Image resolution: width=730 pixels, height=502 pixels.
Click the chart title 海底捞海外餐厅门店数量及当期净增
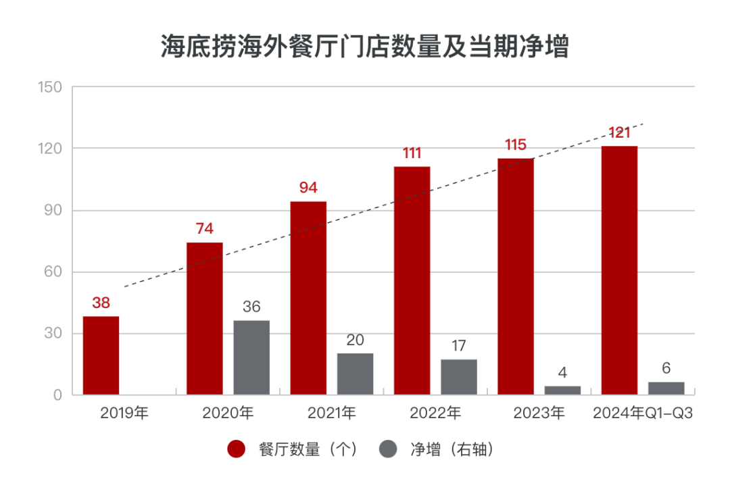click(364, 47)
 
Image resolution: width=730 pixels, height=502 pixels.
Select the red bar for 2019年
click(101, 355)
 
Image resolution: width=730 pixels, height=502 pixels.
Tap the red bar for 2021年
click(308, 298)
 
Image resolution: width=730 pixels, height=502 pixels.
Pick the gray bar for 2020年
click(251, 357)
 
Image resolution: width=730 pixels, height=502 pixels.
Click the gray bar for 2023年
click(562, 391)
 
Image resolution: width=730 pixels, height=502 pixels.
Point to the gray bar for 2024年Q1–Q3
click(666, 388)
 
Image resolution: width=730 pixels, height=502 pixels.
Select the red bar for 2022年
click(412, 280)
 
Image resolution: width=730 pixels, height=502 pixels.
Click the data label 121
click(619, 132)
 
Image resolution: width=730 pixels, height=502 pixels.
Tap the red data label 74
click(204, 229)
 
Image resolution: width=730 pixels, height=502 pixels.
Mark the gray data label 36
click(251, 307)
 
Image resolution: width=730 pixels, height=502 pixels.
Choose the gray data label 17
click(459, 346)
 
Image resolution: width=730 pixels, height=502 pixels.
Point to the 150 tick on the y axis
click(51, 87)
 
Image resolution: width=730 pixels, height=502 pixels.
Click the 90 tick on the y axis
click(53, 211)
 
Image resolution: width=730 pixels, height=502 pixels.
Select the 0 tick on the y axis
click(58, 395)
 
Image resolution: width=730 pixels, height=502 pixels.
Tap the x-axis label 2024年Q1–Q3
click(643, 413)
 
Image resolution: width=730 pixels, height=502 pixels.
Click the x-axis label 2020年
click(228, 413)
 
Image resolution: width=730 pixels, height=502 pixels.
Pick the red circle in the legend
click(236, 449)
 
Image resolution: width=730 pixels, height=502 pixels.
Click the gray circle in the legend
click(388, 449)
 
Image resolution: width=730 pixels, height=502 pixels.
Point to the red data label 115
click(516, 145)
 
